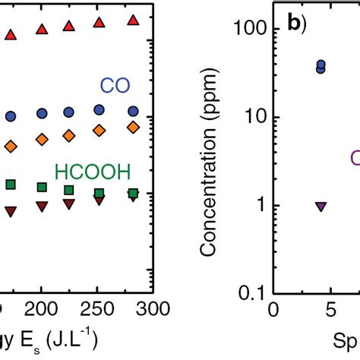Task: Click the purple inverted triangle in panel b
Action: point(321,206)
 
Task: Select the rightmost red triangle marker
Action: point(133,20)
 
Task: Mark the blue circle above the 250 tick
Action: point(99,110)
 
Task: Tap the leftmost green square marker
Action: point(11,185)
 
